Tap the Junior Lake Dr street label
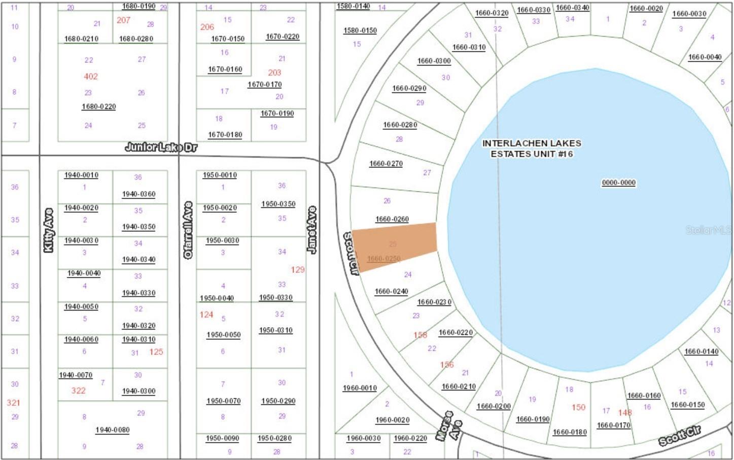161,147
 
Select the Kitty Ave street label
49,230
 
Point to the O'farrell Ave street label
188,230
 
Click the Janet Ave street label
311,230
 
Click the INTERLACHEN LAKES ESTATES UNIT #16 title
531,149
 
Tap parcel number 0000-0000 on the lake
618,183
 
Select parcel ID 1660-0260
392,219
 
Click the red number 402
91,77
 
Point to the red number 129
298,270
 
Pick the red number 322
78,391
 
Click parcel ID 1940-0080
112,430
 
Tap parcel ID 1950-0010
220,175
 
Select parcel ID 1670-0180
225,134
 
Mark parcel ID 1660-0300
434,61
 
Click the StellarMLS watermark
708,230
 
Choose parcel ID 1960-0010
360,388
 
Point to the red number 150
578,407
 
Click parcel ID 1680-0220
98,107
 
